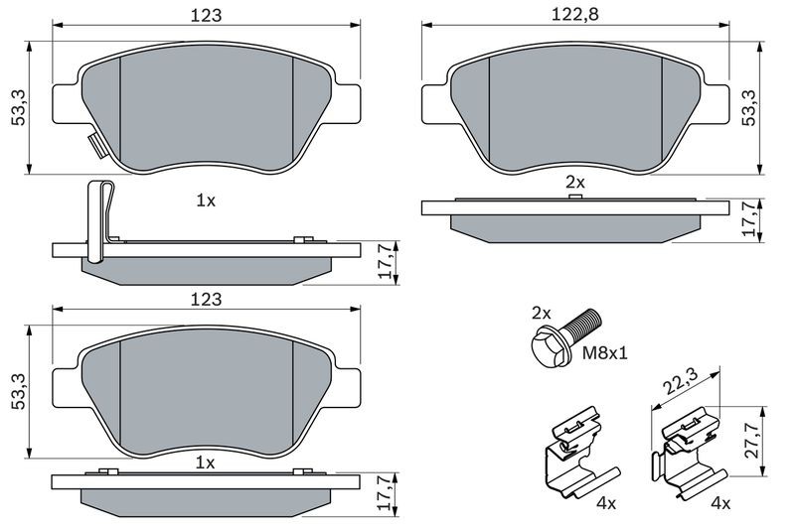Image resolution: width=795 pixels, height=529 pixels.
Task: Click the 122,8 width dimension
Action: coord(575,14)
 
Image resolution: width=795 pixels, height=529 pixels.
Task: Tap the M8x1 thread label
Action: coord(604,352)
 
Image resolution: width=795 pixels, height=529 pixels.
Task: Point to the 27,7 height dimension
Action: coord(752,441)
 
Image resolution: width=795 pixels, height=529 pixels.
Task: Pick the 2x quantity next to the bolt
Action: coord(541,313)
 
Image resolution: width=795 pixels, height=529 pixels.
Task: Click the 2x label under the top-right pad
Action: coord(575,182)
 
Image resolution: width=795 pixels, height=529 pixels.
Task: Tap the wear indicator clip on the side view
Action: coord(99,221)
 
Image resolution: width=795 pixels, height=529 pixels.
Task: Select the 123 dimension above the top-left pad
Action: coord(206,15)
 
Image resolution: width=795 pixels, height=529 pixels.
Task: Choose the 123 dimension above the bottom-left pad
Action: coord(206,299)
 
